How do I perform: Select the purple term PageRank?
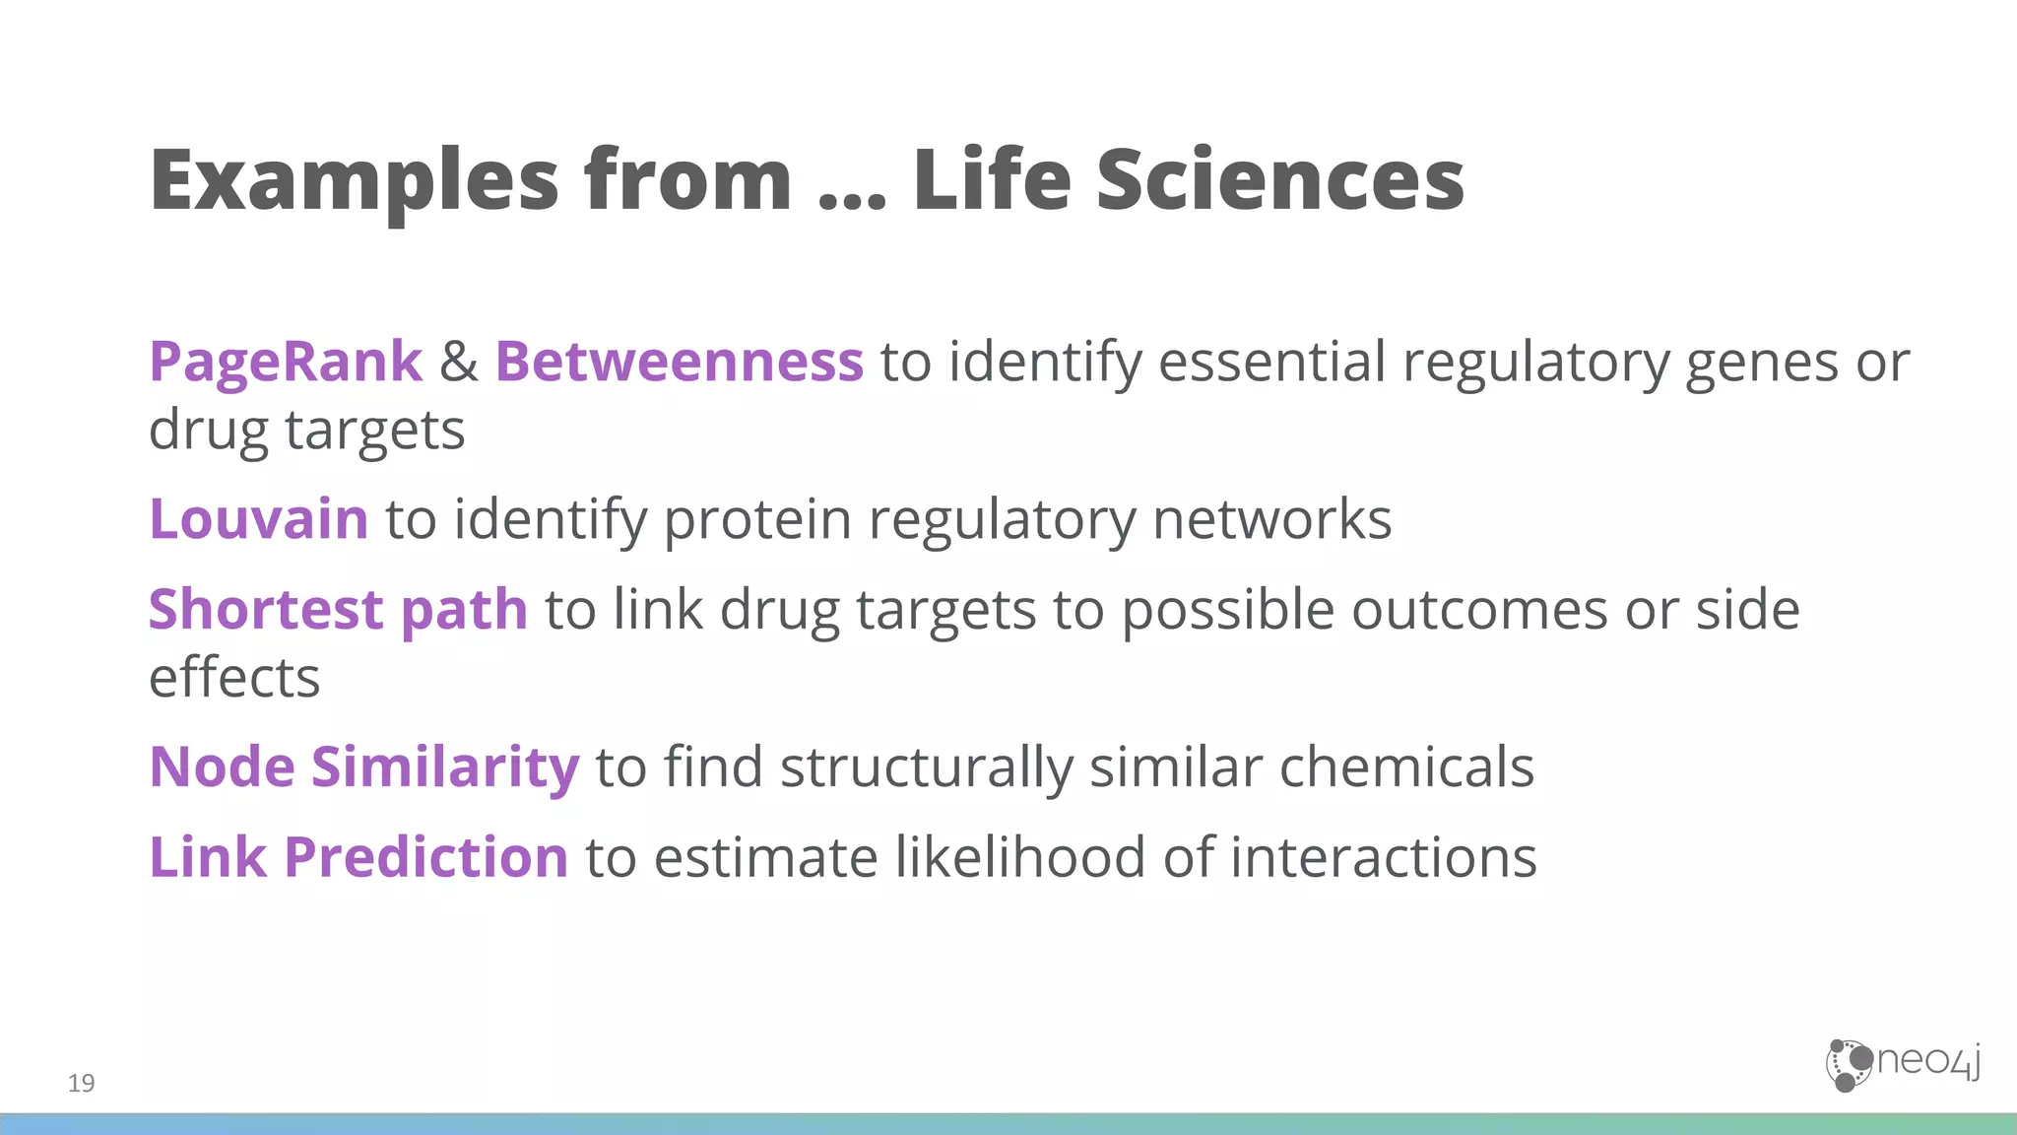click(286, 362)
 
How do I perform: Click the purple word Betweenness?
click(679, 362)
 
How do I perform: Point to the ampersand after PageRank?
click(458, 362)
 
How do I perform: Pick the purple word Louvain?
click(258, 519)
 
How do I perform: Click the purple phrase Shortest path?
click(338, 610)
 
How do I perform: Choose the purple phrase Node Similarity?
click(363, 768)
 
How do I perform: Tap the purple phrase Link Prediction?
click(358, 857)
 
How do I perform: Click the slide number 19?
click(82, 1083)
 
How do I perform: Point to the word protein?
click(757, 520)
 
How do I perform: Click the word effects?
click(234, 678)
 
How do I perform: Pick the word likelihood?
click(1020, 857)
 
